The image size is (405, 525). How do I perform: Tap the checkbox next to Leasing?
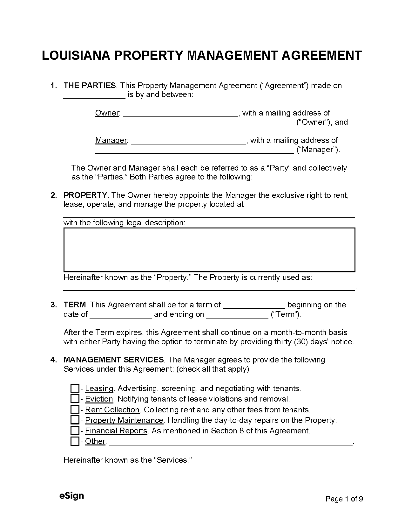[x=75, y=388]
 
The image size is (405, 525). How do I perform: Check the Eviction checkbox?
[x=75, y=399]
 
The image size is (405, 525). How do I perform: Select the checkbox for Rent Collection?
[x=75, y=409]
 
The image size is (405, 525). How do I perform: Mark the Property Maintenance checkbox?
[x=75, y=420]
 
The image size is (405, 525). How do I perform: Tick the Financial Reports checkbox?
[x=75, y=430]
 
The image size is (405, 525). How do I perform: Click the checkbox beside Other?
[x=75, y=441]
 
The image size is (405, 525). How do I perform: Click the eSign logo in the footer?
[x=71, y=496]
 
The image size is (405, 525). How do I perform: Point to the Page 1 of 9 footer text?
[x=344, y=499]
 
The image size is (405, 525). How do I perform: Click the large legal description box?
[x=209, y=250]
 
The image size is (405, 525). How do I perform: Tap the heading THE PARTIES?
[x=90, y=86]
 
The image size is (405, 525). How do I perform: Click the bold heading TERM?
[x=75, y=305]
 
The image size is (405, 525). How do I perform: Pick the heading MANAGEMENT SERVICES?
[x=114, y=360]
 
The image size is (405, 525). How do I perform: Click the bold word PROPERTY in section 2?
[x=85, y=195]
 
